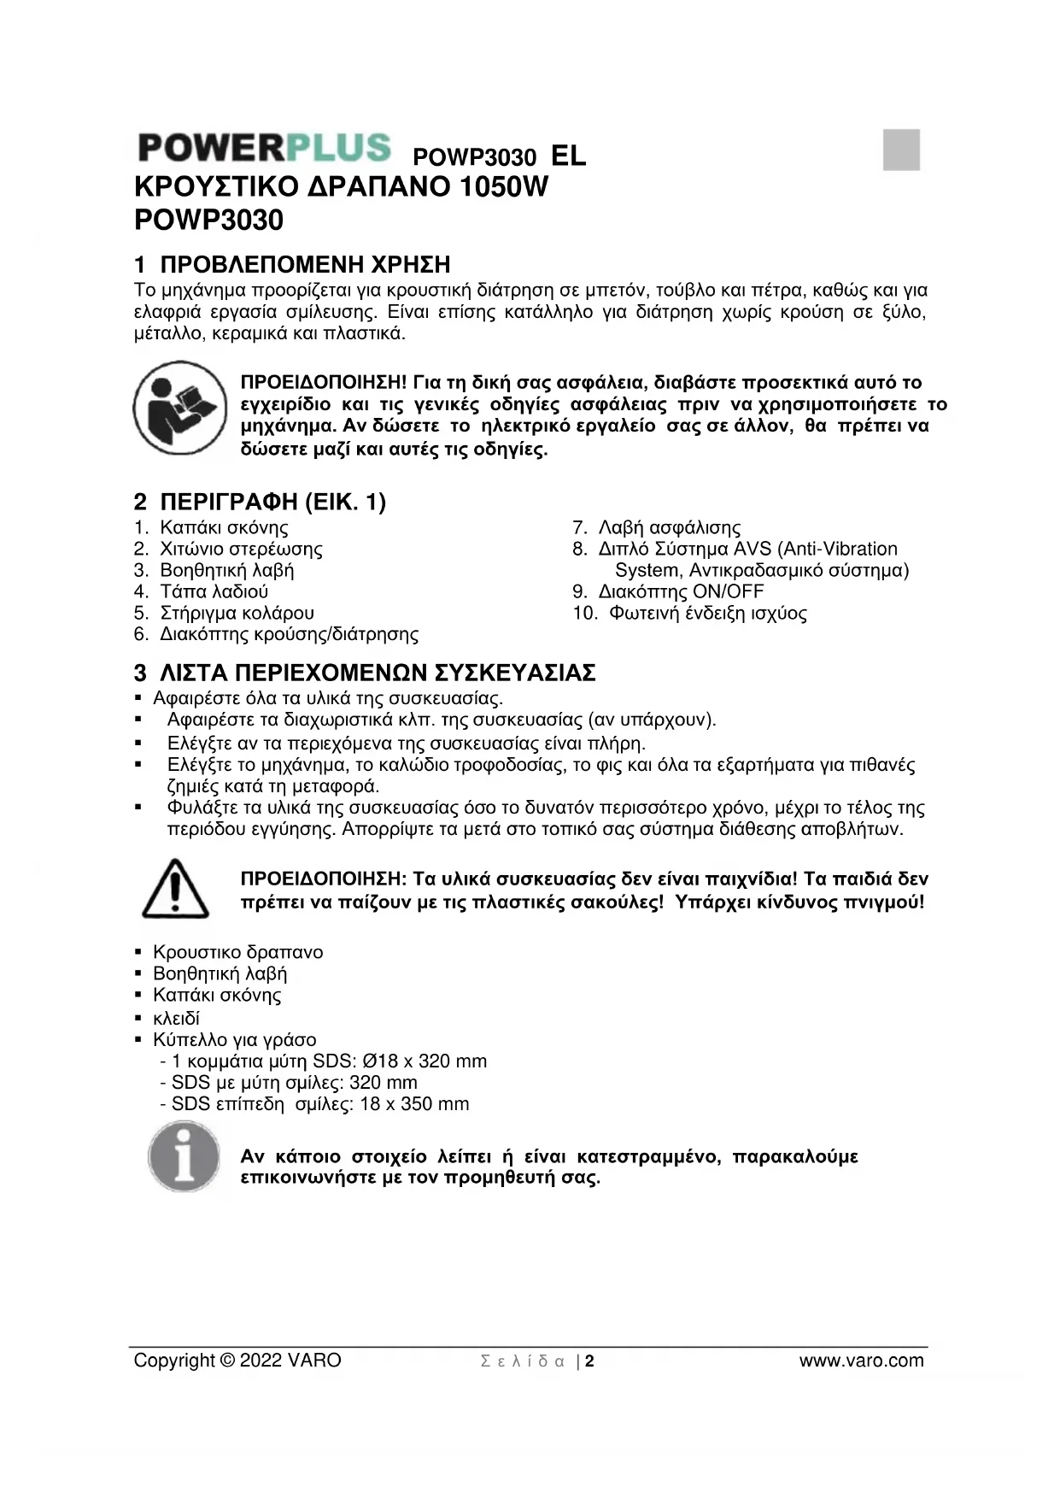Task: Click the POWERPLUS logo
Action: pyautogui.click(x=264, y=148)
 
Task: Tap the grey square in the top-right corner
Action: pyautogui.click(x=901, y=150)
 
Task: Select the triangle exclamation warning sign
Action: pyautogui.click(x=175, y=889)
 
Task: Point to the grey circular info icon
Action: pyautogui.click(x=184, y=1157)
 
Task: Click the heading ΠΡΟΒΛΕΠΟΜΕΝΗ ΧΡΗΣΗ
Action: pyautogui.click(x=305, y=264)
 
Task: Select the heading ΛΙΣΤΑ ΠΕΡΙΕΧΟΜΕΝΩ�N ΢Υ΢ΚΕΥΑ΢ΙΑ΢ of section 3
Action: pyautogui.click(x=378, y=673)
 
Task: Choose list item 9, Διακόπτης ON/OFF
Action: pyautogui.click(x=681, y=591)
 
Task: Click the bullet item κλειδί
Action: pyautogui.click(x=176, y=1018)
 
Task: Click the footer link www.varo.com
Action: pyautogui.click(x=861, y=1361)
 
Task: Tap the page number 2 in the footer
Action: pyautogui.click(x=589, y=1361)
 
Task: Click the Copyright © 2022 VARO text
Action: pyautogui.click(x=237, y=1361)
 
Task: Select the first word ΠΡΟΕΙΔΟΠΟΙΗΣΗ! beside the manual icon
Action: pyautogui.click(x=324, y=382)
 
